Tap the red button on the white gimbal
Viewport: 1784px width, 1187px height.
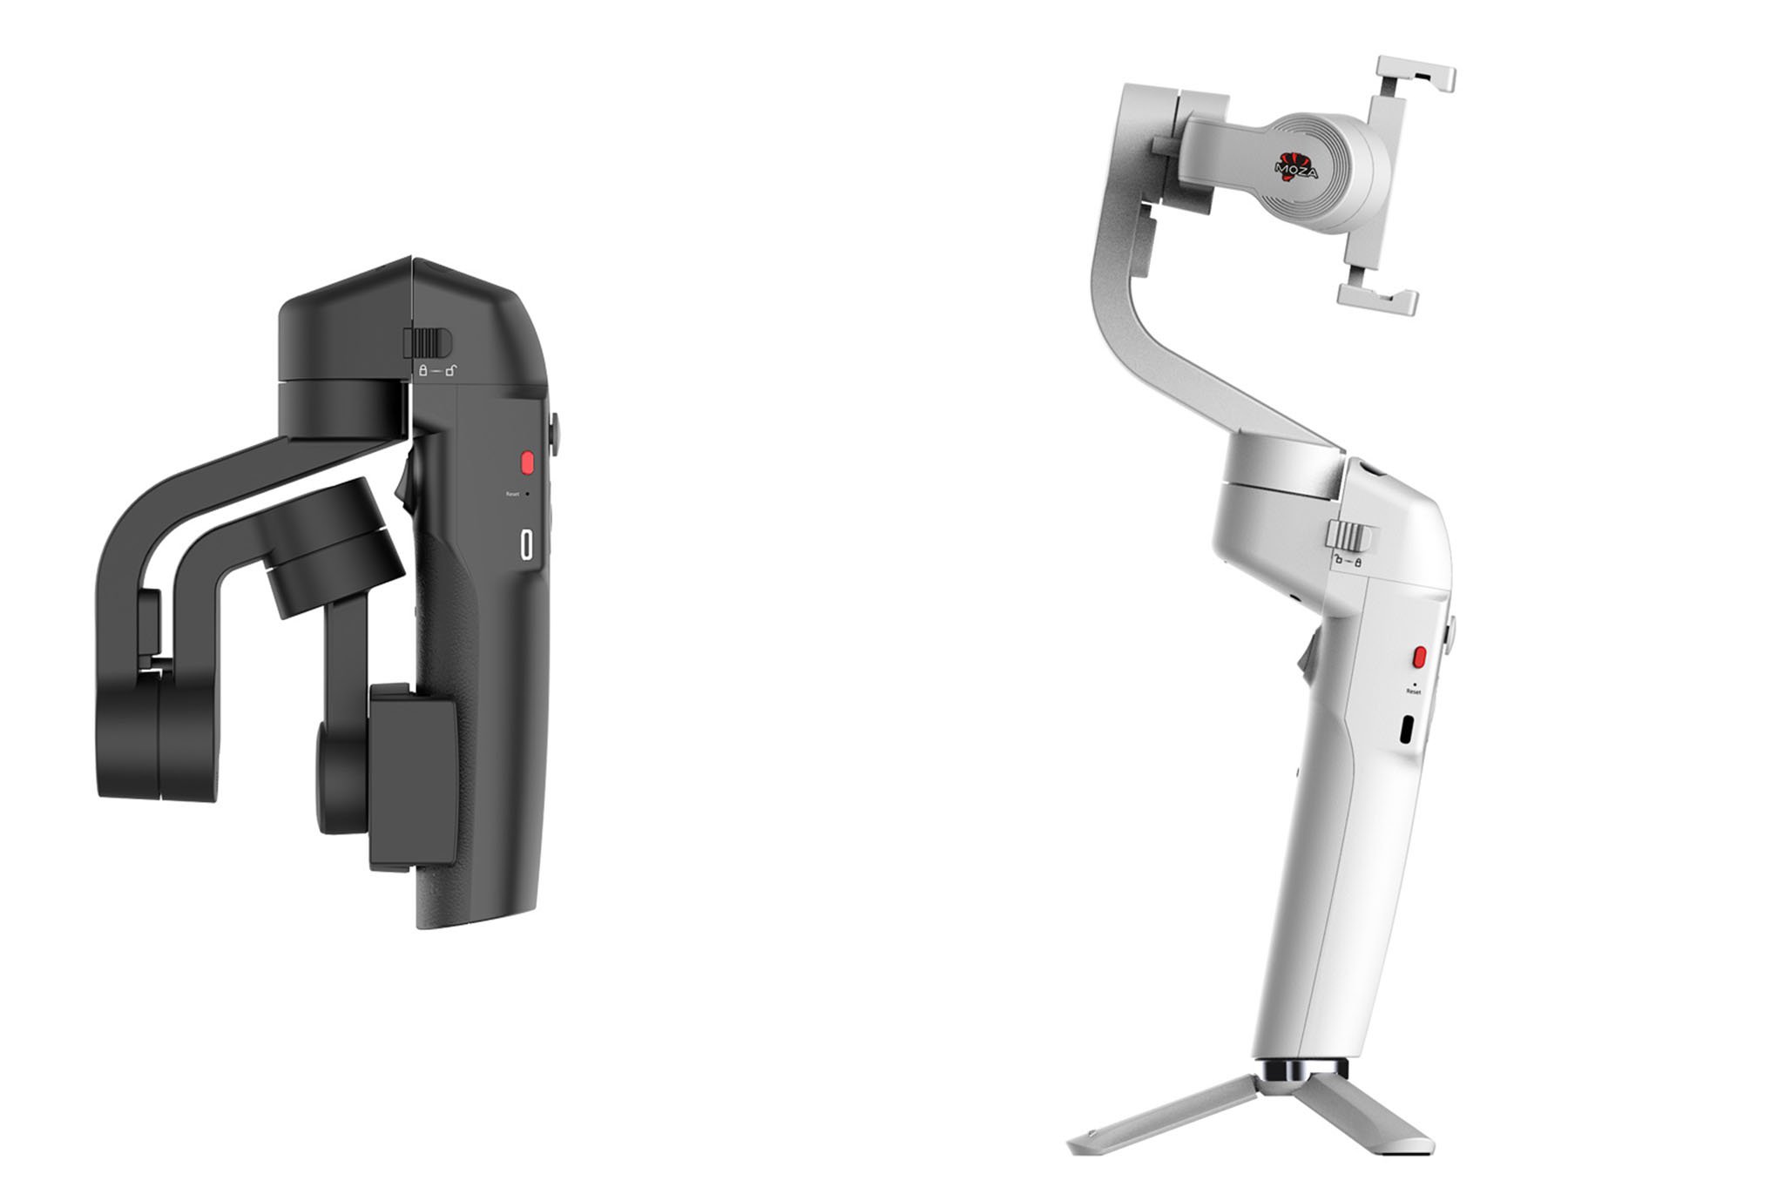point(1420,656)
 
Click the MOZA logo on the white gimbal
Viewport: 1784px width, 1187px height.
point(1295,163)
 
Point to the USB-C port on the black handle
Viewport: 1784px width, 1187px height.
point(526,543)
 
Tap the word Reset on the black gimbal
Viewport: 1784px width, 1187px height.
point(512,494)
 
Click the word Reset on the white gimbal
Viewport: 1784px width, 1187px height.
point(1413,691)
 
